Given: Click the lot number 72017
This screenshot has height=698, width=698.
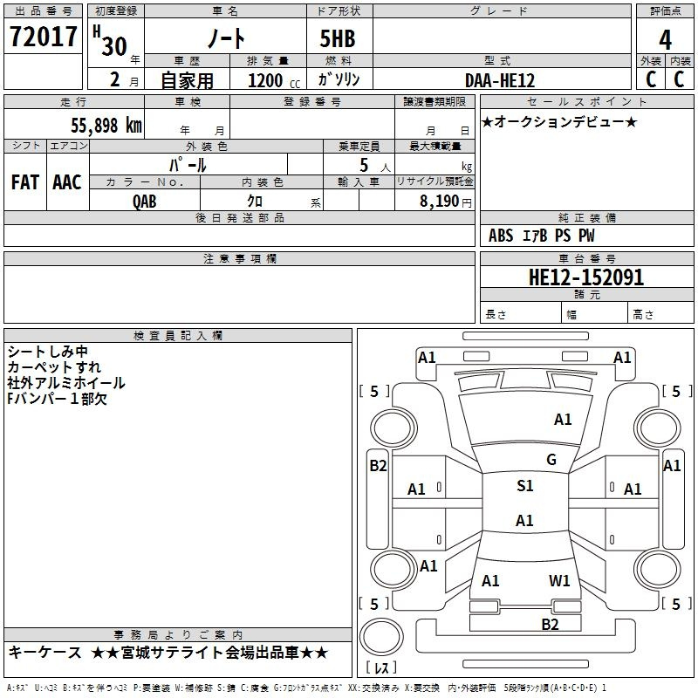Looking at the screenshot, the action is [43, 37].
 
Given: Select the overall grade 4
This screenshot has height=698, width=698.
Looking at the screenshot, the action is [665, 40].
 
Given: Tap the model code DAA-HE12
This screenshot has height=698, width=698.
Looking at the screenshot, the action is [499, 80].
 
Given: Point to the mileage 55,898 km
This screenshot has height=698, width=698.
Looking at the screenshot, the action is [106, 126].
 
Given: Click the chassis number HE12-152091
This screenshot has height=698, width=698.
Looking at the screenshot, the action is [585, 277].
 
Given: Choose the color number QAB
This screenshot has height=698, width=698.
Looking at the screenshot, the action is [144, 202].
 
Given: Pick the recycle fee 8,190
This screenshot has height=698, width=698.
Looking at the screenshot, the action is [439, 202].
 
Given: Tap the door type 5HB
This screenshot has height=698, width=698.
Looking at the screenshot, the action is [338, 38].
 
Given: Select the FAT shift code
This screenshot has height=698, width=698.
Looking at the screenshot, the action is [25, 182].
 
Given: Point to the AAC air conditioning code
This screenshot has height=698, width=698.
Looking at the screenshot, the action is [67, 182].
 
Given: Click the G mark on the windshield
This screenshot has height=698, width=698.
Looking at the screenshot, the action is [551, 460].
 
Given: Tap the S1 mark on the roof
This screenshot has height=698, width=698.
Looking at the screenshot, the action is [525, 486].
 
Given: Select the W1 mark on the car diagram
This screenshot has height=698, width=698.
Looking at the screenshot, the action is [559, 581].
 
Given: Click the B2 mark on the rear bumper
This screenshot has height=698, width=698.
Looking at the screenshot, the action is [550, 625].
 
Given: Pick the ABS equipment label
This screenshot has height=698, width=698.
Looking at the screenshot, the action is [501, 236].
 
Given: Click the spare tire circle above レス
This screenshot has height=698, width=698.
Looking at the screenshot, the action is [381, 637].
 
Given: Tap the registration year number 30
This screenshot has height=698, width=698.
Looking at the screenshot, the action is [114, 46].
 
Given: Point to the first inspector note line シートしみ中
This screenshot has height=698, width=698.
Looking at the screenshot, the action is [48, 352].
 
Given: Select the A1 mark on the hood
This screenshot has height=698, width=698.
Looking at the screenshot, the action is [563, 420].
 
